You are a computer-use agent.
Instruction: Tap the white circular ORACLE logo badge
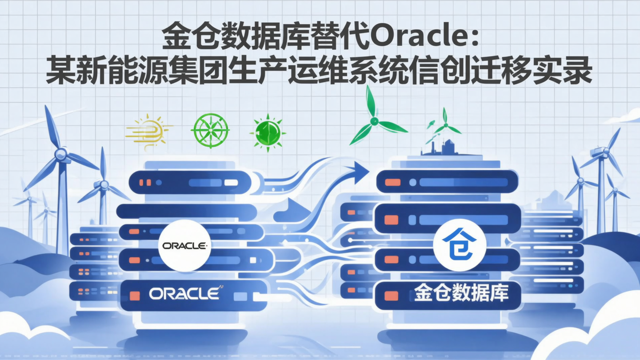tap(184, 245)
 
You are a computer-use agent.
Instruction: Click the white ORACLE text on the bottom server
tap(184, 293)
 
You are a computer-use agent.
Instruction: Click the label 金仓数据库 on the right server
tap(461, 294)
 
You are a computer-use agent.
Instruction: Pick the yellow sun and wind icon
tap(148, 129)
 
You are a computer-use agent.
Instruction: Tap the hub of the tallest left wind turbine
tap(61, 155)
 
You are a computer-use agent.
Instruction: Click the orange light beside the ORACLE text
tap(134, 296)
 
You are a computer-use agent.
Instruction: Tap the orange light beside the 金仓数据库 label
tap(391, 296)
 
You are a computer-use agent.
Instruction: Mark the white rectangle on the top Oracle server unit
tap(231, 182)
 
